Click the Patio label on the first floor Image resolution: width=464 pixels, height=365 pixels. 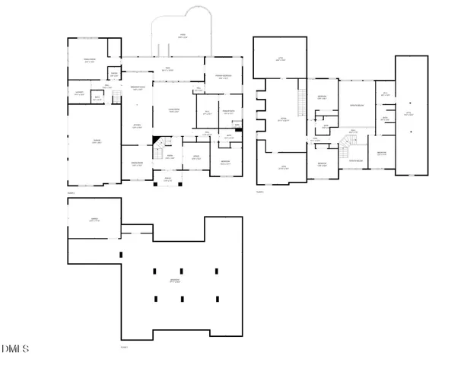182,35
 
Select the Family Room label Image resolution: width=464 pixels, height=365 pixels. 89,61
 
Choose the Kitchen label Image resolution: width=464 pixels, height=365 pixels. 137,126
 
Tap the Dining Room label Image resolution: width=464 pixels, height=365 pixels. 137,163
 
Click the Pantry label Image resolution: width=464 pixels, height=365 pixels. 114,74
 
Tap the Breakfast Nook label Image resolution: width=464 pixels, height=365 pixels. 137,87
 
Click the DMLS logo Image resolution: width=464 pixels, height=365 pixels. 15,349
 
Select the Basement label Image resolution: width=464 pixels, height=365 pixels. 175,281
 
